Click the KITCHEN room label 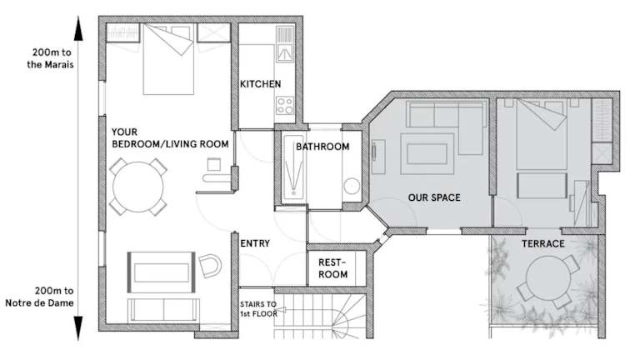[260, 84]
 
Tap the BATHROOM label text [322, 147]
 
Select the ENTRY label [255, 243]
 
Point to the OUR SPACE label [434, 197]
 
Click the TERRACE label [542, 244]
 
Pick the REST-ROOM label [332, 268]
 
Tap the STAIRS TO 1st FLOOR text [258, 309]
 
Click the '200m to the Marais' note [51, 58]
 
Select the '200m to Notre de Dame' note [40, 297]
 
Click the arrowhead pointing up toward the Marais [78, 28]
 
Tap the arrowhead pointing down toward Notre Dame [78, 328]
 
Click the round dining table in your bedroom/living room [138, 187]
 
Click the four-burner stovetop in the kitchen [284, 105]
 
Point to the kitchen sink [285, 44]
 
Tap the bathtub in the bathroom [294, 167]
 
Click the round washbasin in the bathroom [352, 187]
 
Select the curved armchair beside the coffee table [210, 266]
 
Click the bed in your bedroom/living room [168, 59]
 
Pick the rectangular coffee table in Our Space [427, 154]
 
